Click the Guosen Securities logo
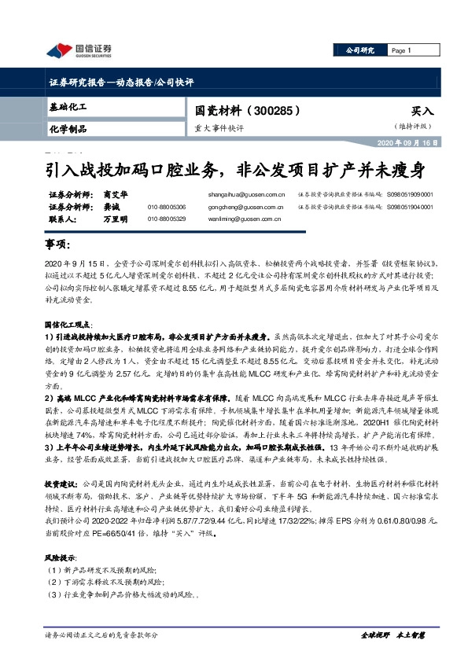pyautogui.click(x=79, y=51)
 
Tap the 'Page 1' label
pyautogui.click(x=402, y=50)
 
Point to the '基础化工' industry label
pyautogui.click(x=67, y=105)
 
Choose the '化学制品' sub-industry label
pyautogui.click(x=68, y=129)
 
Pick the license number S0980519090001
pyautogui.click(x=409, y=193)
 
